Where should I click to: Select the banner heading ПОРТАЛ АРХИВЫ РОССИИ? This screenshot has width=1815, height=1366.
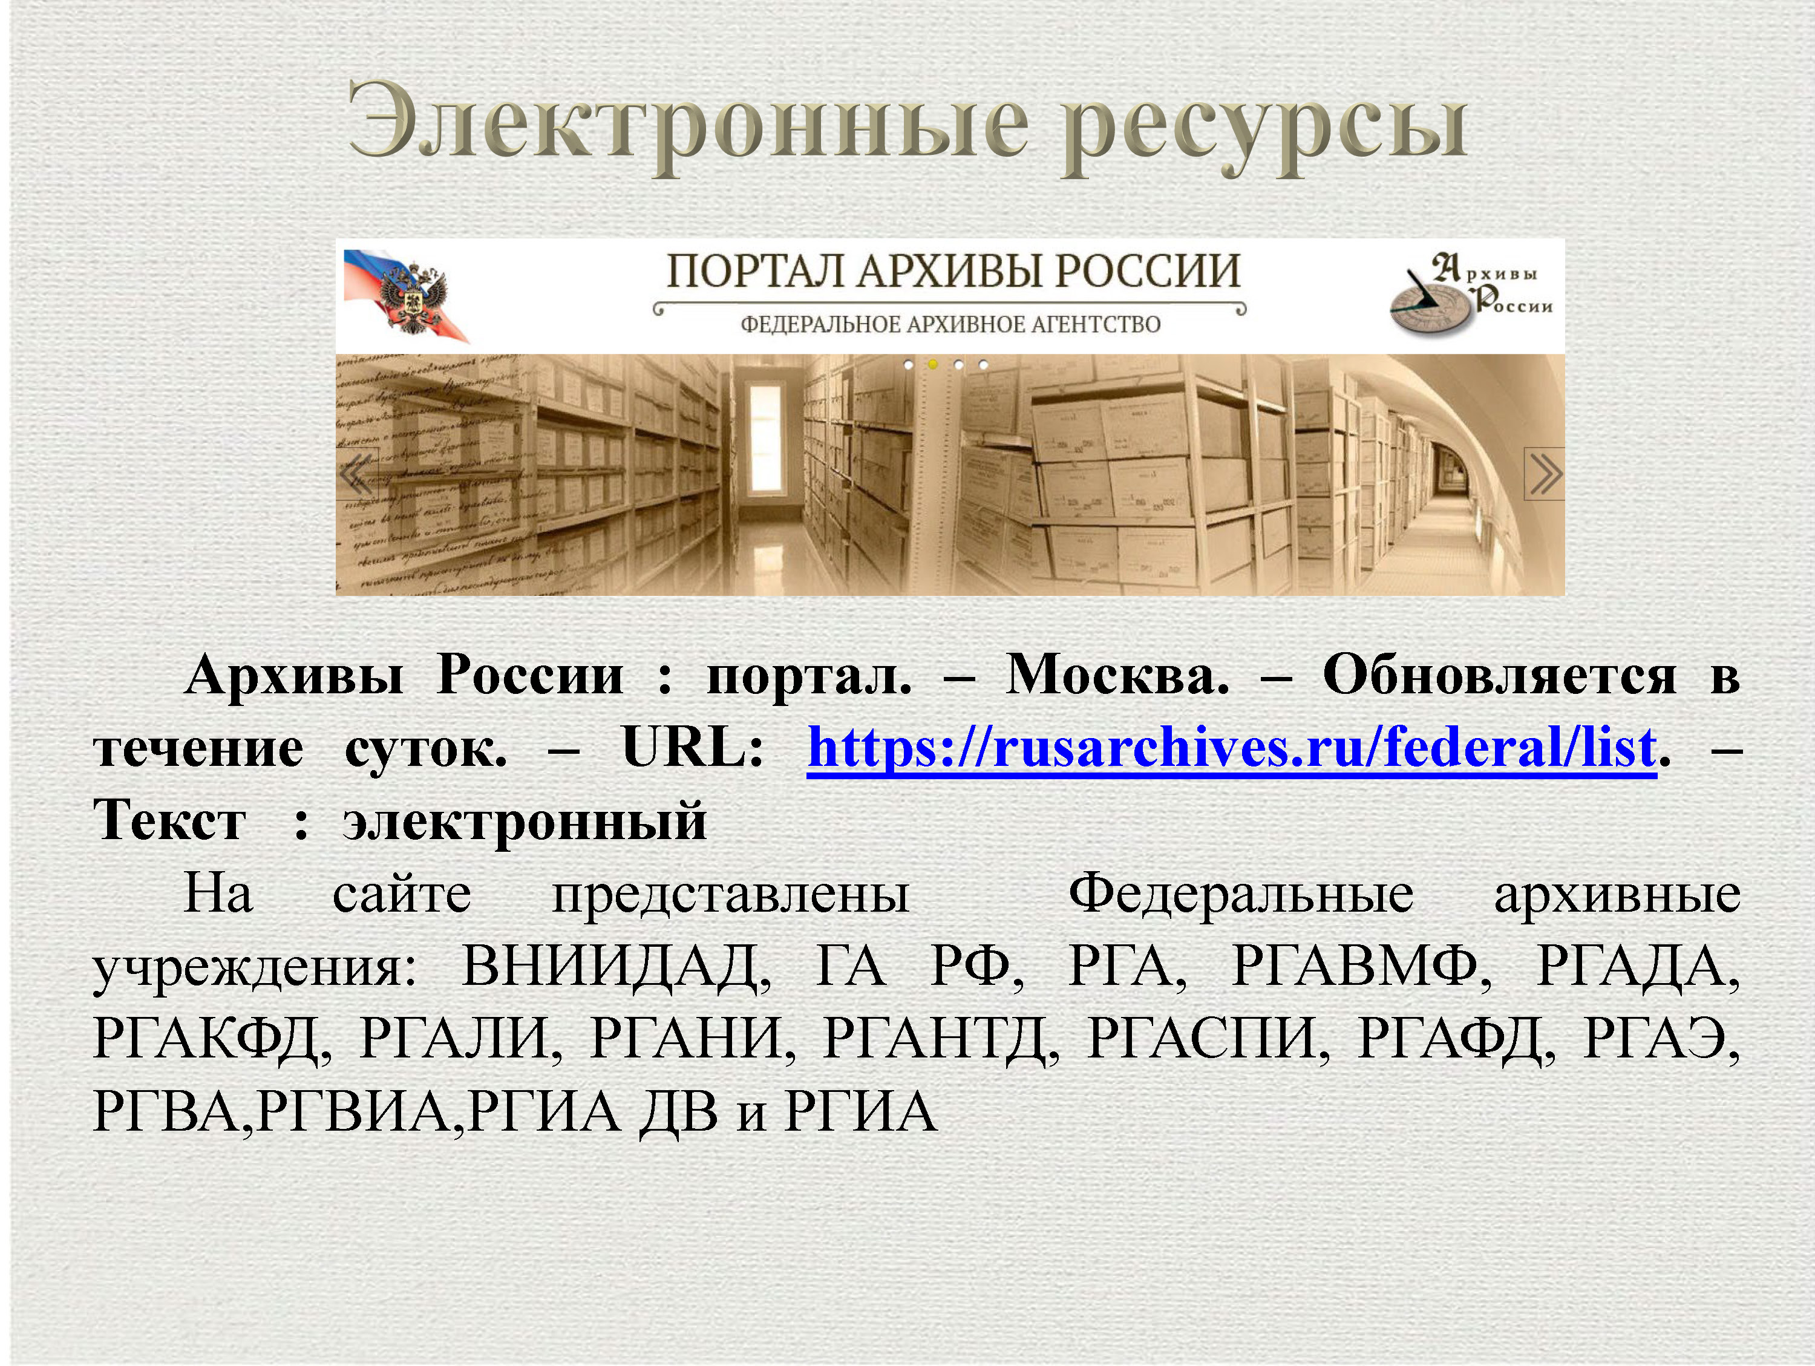(953, 272)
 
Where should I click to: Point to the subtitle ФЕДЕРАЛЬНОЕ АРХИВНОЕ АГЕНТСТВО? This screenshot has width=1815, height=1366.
(950, 324)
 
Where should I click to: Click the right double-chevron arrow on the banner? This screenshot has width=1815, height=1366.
(1544, 474)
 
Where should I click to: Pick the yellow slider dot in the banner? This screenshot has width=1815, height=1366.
(932, 364)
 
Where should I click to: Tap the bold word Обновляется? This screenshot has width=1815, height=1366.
(1499, 676)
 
